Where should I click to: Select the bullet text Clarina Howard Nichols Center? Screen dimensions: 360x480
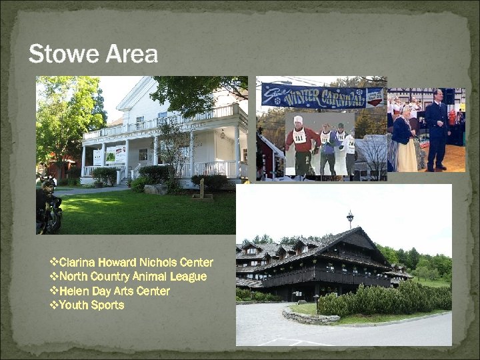(136, 262)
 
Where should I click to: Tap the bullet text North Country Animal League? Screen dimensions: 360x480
(133, 277)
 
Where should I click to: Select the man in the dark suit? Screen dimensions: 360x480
(437, 129)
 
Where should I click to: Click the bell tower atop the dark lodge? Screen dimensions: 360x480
(350, 219)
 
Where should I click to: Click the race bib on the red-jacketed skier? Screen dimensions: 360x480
(299, 137)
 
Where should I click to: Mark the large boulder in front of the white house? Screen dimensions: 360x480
(157, 189)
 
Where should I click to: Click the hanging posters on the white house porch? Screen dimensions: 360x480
(114, 155)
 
